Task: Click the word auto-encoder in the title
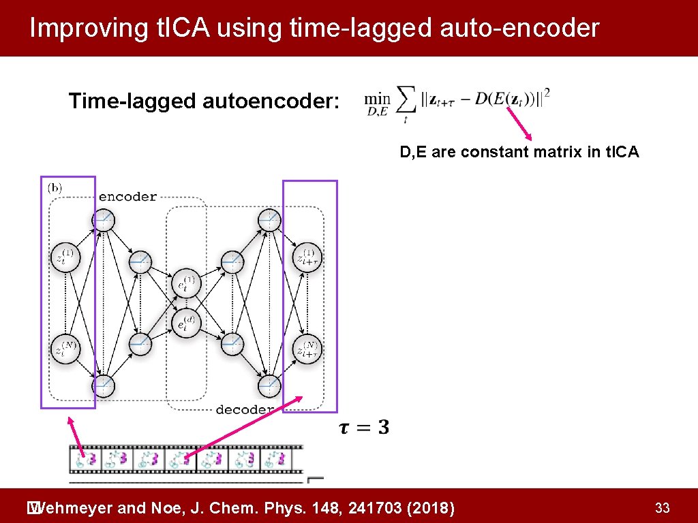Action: (x=515, y=28)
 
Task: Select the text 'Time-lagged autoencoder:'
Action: (x=204, y=101)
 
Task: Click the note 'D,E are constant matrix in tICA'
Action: (x=519, y=152)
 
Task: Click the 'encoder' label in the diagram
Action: (x=127, y=197)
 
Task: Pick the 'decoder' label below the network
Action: (x=244, y=409)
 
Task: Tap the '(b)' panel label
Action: (x=55, y=187)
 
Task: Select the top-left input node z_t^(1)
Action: (x=66, y=257)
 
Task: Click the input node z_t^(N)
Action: (x=66, y=350)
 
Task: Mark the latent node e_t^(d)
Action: (x=187, y=324)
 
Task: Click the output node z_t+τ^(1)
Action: (x=307, y=257)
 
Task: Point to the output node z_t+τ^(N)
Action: (x=307, y=350)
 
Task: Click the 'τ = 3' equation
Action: (x=364, y=428)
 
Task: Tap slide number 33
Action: (x=662, y=507)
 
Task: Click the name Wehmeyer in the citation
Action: (x=74, y=507)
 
